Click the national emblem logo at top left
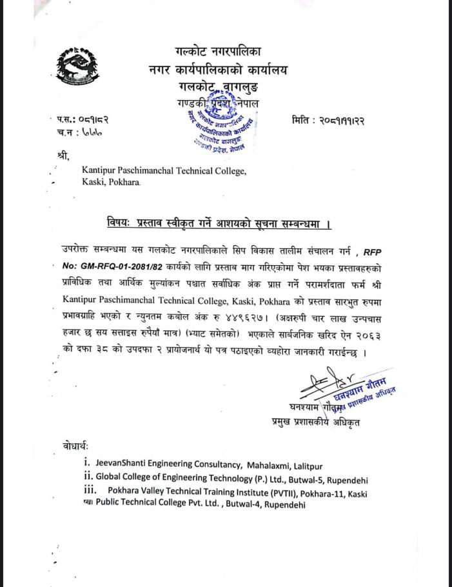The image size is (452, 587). click(x=77, y=67)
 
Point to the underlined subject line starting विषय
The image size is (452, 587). click(x=219, y=223)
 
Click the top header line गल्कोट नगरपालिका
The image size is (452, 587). click(x=218, y=51)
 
